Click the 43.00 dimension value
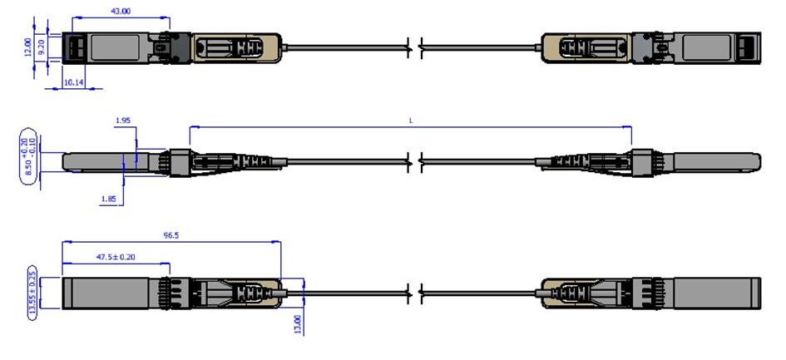pos(121,11)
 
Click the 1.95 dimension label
pos(122,121)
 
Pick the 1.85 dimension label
pos(108,200)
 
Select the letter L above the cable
pos(411,121)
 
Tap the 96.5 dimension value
pos(171,235)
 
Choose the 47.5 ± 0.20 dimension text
pos(116,257)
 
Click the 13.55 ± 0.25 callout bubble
pos(32,293)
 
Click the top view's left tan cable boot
pos(237,47)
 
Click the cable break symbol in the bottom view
pos(413,292)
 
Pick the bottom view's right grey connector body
pos(716,293)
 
